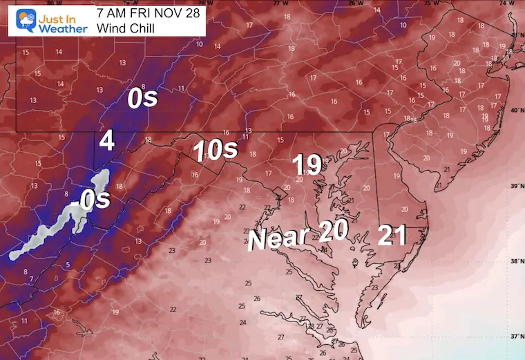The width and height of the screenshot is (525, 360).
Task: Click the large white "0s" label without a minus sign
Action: (143, 100)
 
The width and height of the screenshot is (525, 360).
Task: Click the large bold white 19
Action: (307, 164)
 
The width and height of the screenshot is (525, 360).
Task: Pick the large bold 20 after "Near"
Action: (333, 230)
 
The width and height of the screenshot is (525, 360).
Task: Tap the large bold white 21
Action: (392, 236)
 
